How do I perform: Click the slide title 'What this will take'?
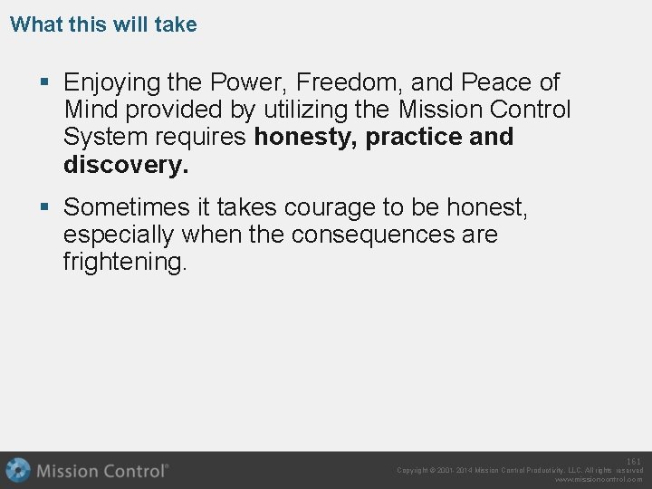[x=103, y=24]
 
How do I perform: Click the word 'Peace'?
[x=496, y=82]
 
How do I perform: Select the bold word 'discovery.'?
[x=126, y=165]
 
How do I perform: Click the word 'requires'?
[x=205, y=138]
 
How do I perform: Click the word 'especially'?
[x=119, y=235]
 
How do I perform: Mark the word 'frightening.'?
[x=125, y=263]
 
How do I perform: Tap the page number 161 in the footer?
[x=634, y=462]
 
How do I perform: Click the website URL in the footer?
[x=599, y=480]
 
